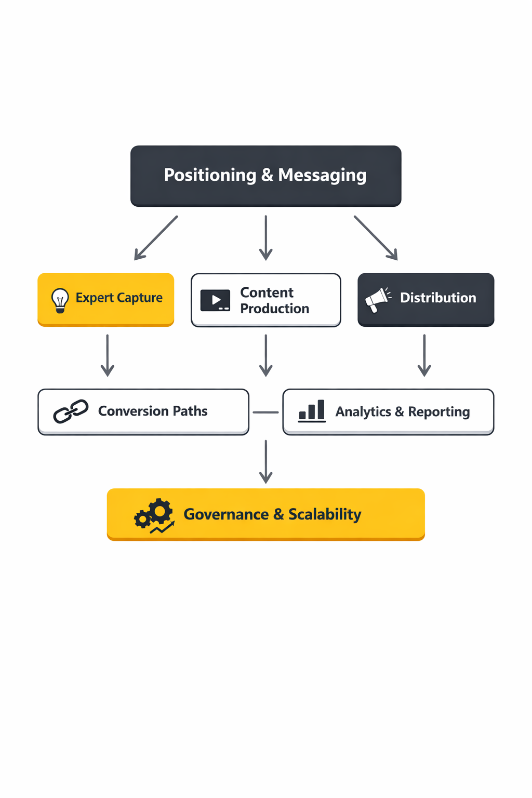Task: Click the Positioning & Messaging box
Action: pos(265,176)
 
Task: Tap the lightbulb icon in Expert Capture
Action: pos(60,300)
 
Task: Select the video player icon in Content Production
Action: pos(215,300)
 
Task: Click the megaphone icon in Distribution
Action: pos(378,299)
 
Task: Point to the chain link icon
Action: pos(71,411)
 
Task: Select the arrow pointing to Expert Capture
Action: pos(155,238)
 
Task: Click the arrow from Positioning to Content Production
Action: pos(266,237)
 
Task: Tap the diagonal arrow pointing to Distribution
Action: pos(376,238)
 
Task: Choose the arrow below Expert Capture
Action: pos(108,355)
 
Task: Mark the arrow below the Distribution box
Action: pos(424,355)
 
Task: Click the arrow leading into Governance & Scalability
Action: pos(266,461)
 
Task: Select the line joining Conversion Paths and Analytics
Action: pos(265,412)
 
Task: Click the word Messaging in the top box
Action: pos(322,176)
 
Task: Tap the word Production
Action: pos(274,309)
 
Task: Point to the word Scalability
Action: pos(325,514)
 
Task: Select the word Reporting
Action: pos(438,412)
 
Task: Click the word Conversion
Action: pos(133,411)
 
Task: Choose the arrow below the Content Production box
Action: pos(266,355)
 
